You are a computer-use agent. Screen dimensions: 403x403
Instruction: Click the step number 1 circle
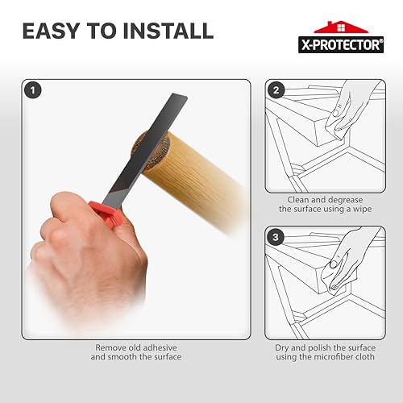pos(31,90)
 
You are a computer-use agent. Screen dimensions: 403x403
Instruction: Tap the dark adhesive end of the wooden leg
pos(145,150)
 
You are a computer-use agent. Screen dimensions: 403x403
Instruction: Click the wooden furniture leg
pos(197,173)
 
